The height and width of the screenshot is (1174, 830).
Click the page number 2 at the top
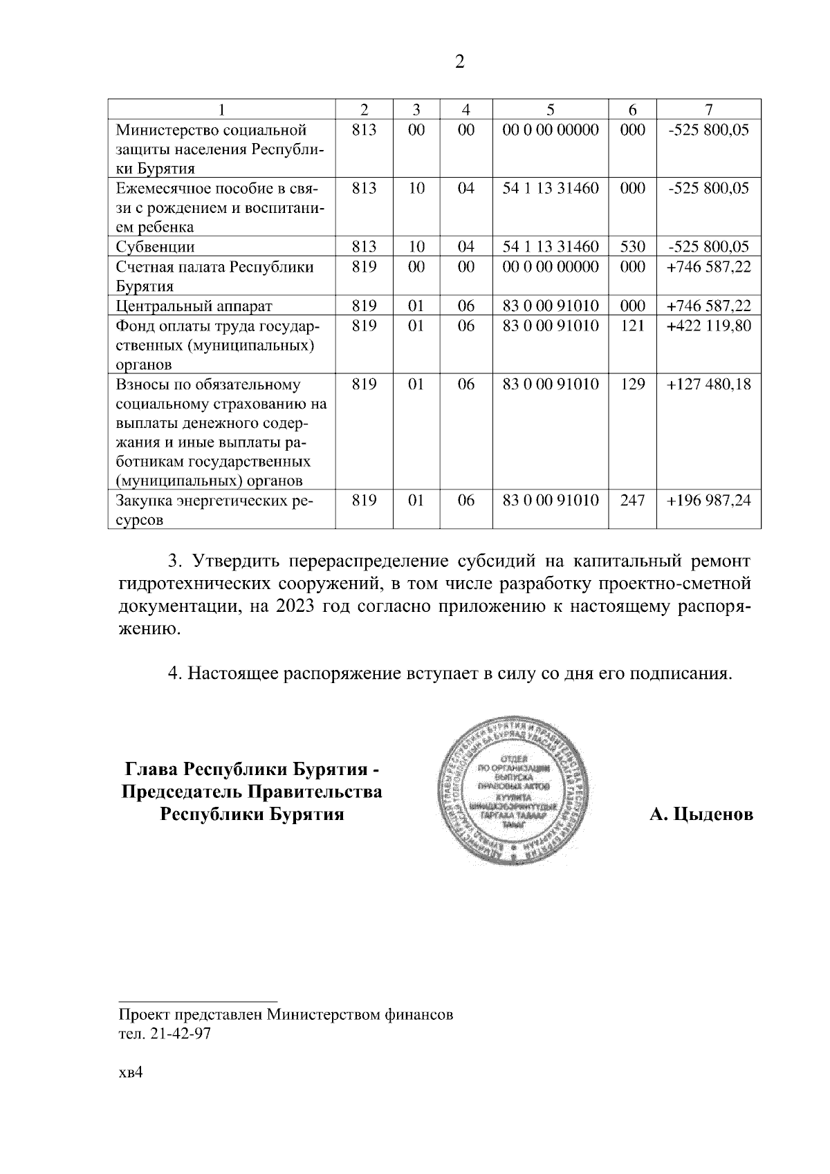pyautogui.click(x=459, y=62)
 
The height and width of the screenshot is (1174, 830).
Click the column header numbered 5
pyautogui.click(x=550, y=109)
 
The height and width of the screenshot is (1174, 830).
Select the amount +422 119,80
pyautogui.click(x=708, y=326)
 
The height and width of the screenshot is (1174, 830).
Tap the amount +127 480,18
pyautogui.click(x=708, y=384)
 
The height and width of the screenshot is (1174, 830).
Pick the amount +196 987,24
pyautogui.click(x=708, y=501)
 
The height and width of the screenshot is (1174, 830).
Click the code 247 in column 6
pyautogui.click(x=632, y=501)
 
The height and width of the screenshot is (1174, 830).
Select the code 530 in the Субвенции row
pyautogui.click(x=632, y=247)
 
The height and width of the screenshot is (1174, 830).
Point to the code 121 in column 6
pyautogui.click(x=632, y=326)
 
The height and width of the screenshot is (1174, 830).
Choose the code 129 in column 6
pyautogui.click(x=632, y=384)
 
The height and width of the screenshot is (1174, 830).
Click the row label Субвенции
pyautogui.click(x=155, y=247)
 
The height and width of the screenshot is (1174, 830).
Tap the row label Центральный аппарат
pyautogui.click(x=194, y=306)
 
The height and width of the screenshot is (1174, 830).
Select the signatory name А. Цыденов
pyautogui.click(x=701, y=814)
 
